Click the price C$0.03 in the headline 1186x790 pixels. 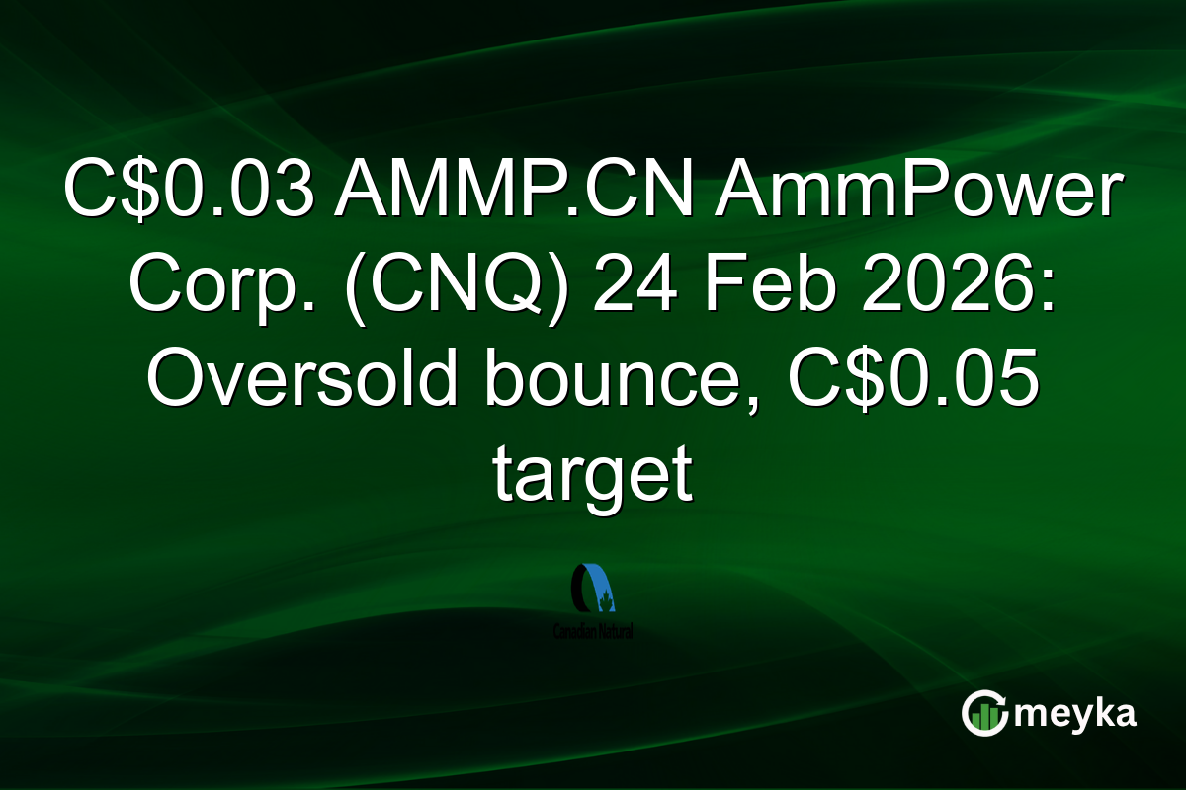188,195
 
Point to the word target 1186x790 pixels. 591,476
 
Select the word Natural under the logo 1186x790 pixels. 616,630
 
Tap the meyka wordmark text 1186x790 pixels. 1074,714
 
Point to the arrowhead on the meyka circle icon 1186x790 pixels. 1001,704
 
